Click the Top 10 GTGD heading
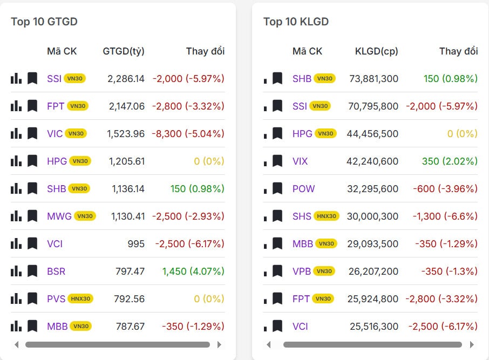(44, 22)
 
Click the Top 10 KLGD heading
(296, 22)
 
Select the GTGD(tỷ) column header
(124, 51)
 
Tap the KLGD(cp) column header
(376, 51)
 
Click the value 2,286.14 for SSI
(126, 78)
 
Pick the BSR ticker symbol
(56, 271)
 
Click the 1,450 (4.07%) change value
(193, 271)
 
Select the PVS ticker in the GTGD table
(56, 298)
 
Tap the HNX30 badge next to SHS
(325, 216)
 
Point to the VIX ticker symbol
(300, 161)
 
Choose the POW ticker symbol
(303, 188)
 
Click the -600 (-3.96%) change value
(445, 188)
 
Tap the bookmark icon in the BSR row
(32, 271)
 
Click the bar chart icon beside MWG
(16, 216)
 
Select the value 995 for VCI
(136, 243)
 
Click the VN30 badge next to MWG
(85, 216)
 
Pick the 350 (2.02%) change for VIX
(450, 161)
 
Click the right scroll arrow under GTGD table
(219, 344)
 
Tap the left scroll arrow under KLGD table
(269, 344)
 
